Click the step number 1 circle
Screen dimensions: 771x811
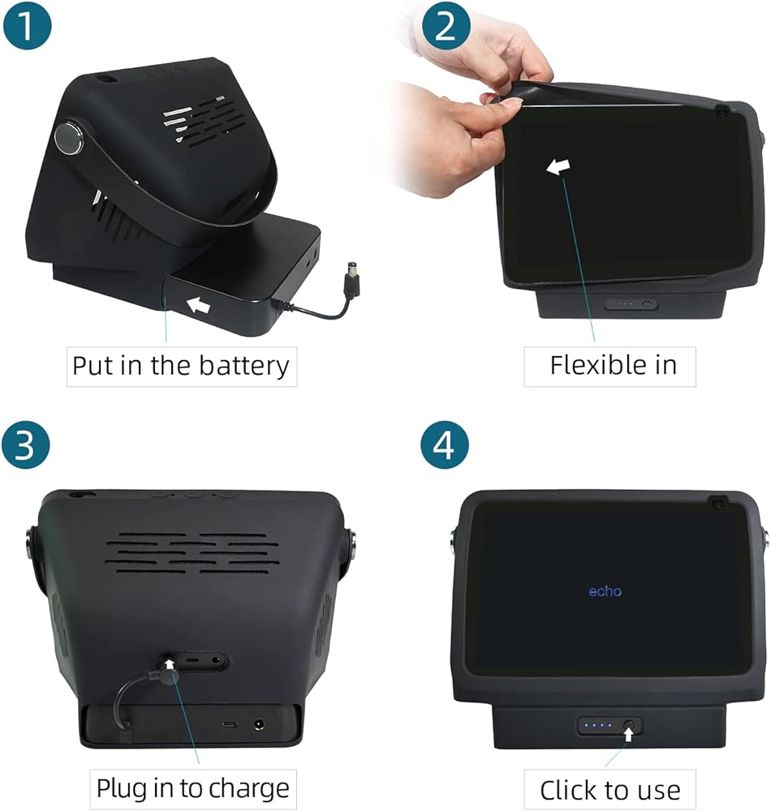pos(28,24)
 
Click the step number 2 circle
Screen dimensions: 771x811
pos(446,24)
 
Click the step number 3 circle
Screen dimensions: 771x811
pos(26,444)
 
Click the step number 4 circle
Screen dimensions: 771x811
pos(445,444)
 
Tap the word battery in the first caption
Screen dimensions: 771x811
pos(243,366)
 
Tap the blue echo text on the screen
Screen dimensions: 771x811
pos(605,590)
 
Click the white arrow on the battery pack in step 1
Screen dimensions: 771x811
pos(198,305)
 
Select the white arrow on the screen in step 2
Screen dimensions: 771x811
pos(558,166)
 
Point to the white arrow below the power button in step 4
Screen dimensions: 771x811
pos(628,734)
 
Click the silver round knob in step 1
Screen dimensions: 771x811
pos(68,138)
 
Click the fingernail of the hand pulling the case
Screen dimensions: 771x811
pos(510,105)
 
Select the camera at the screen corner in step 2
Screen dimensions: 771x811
pos(721,112)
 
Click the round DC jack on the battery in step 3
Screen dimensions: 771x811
pos(258,725)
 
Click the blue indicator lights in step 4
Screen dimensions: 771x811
pos(597,725)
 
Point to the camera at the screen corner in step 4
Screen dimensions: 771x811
pos(717,503)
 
